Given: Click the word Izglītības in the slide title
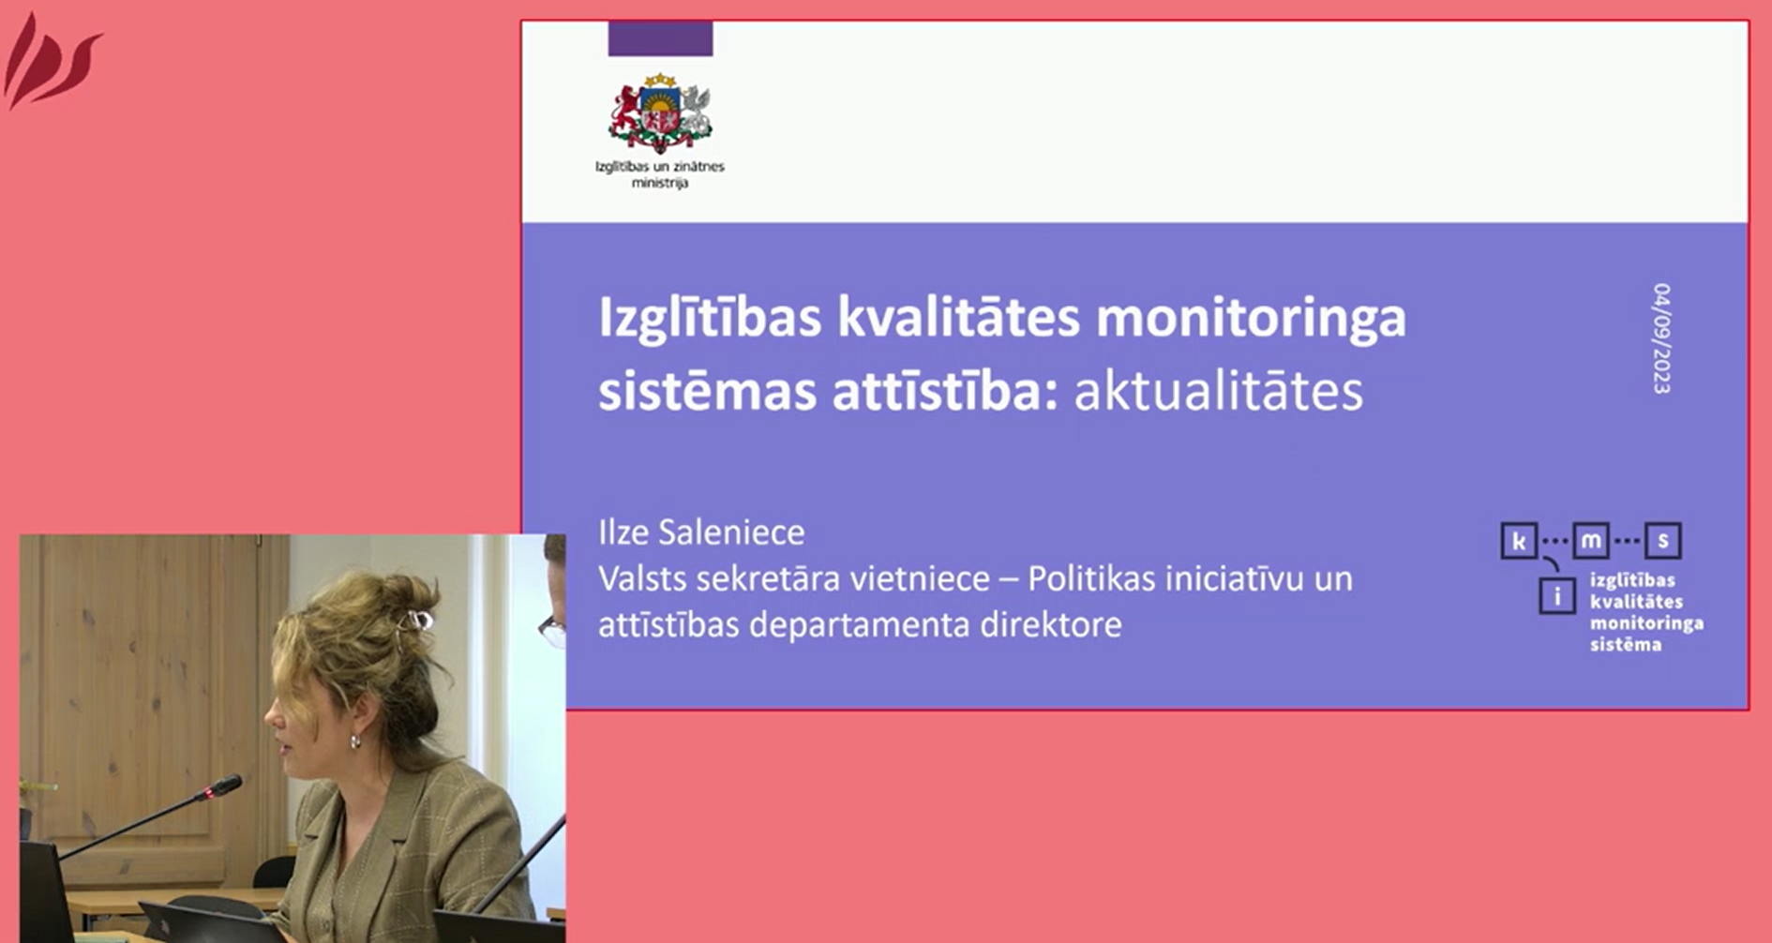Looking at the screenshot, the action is click(710, 319).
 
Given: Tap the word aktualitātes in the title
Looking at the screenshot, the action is click(1218, 391).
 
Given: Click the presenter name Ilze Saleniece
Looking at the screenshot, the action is click(701, 532).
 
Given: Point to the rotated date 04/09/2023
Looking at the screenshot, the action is click(1661, 338).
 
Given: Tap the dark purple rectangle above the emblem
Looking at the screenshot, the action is click(660, 38).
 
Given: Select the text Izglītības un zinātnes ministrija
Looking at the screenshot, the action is click(660, 174).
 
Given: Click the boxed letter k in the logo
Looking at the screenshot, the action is click(1519, 541).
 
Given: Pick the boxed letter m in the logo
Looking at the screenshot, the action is click(1591, 541).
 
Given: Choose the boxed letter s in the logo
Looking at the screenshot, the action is click(1663, 541).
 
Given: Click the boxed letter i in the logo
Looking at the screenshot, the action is click(1557, 596).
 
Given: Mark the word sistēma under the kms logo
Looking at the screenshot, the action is click(1626, 644).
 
